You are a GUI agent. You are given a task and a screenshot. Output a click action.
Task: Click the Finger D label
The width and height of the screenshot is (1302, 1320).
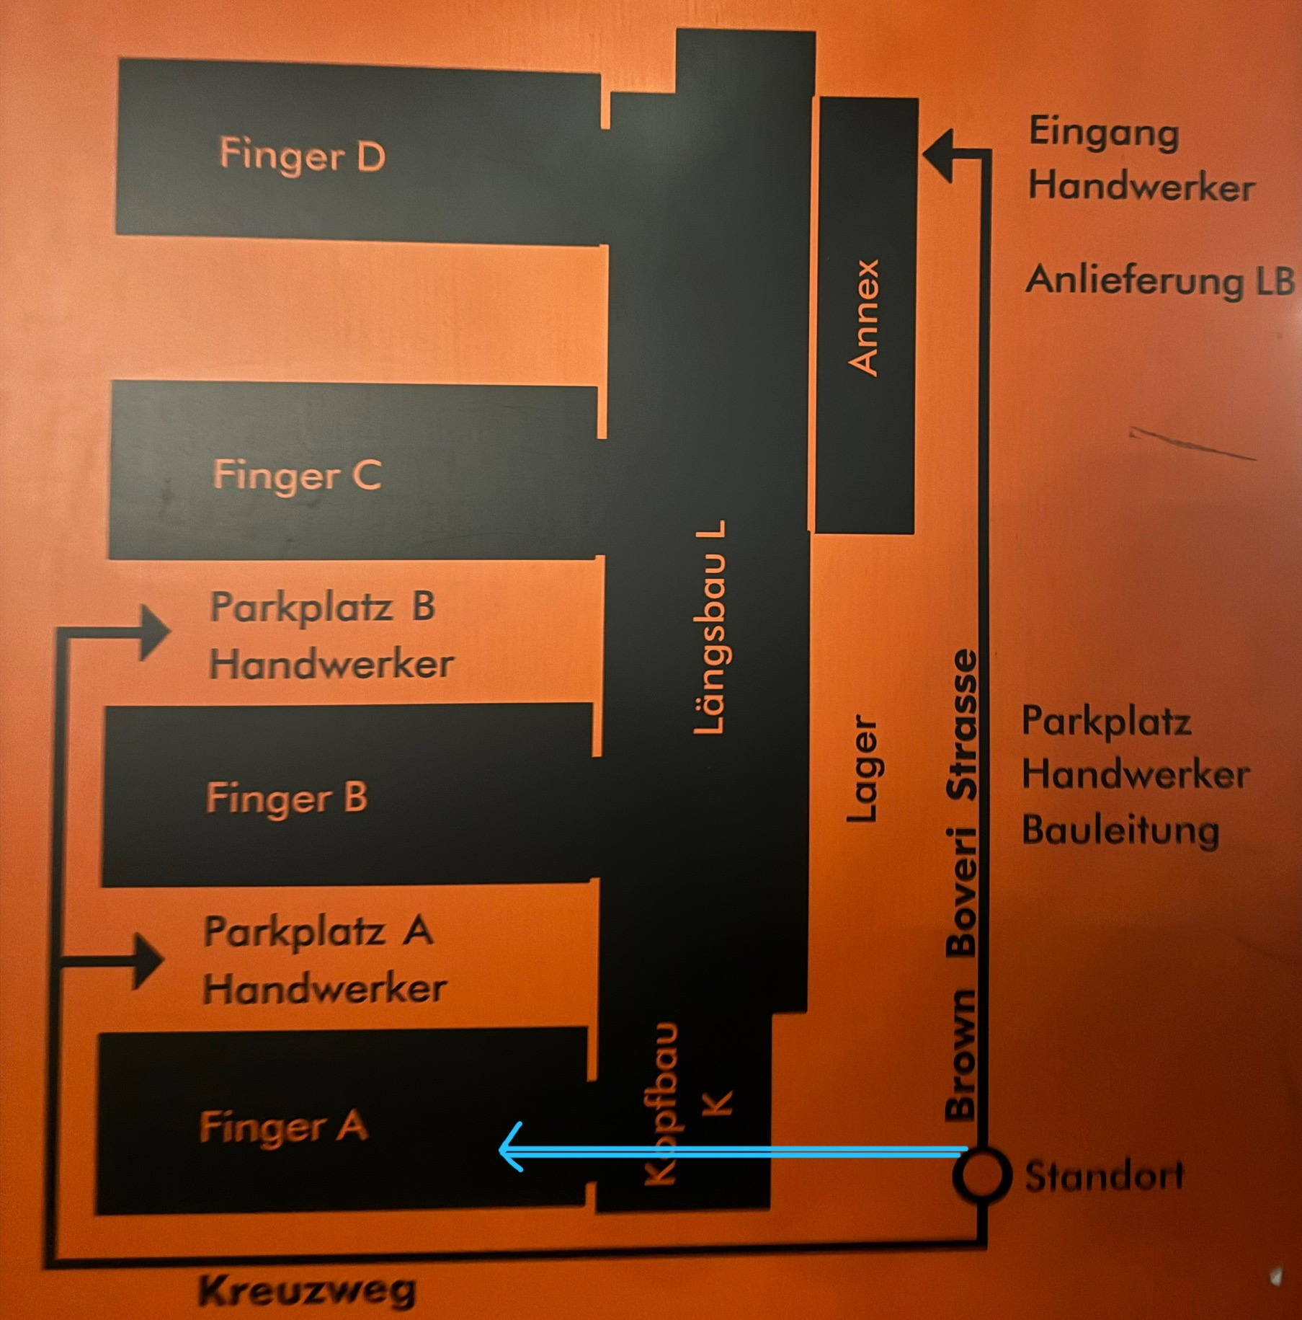pyautogui.click(x=302, y=156)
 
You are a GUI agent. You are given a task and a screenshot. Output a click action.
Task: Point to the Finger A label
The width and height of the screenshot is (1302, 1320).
pyautogui.click(x=283, y=1127)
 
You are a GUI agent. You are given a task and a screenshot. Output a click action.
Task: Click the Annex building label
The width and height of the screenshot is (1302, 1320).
pyautogui.click(x=865, y=317)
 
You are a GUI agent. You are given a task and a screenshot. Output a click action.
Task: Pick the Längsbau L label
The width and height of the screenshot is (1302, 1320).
pyautogui.click(x=710, y=627)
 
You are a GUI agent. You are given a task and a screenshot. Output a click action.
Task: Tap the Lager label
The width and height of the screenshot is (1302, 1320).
pyautogui.click(x=862, y=768)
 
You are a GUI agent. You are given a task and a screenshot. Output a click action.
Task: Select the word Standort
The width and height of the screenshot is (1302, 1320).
pyautogui.click(x=1104, y=1177)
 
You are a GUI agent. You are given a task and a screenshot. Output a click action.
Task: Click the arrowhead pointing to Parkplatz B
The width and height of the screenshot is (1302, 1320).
pyautogui.click(x=153, y=632)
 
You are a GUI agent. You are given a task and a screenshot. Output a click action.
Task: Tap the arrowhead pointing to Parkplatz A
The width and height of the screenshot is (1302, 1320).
pyautogui.click(x=148, y=961)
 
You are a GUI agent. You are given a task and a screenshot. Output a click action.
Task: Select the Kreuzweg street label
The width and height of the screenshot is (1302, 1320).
pyautogui.click(x=308, y=1290)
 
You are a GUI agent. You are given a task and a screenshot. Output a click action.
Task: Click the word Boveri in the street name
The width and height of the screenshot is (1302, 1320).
pyautogui.click(x=962, y=892)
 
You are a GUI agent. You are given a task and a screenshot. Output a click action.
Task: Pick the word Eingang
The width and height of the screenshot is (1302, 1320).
pyautogui.click(x=1103, y=133)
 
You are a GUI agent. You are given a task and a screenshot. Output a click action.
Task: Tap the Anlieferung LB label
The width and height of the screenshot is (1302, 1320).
pyautogui.click(x=1159, y=280)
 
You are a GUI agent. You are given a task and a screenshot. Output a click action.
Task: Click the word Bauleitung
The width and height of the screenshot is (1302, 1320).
pyautogui.click(x=1120, y=830)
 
